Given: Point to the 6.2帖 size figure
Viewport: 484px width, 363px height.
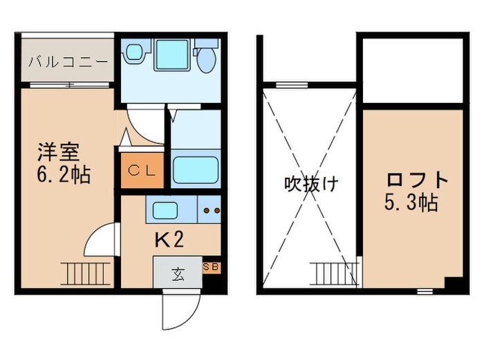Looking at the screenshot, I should tap(64, 174).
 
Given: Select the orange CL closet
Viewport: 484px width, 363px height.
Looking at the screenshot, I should tap(143, 169).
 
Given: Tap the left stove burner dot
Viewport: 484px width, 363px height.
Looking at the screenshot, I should tap(205, 208).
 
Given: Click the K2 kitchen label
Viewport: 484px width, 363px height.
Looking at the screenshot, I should tap(168, 240).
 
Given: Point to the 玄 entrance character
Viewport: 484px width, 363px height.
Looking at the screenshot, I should tap(178, 273).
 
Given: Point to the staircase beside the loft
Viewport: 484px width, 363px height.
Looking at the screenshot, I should tap(335, 272).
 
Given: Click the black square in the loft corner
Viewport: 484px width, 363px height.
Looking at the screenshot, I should tap(453, 283).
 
